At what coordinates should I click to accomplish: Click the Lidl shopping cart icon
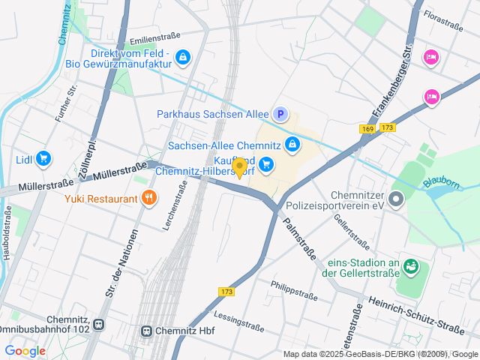pyautogui.click(x=43, y=158)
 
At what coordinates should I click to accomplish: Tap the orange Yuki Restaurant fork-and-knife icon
pyautogui.click(x=149, y=199)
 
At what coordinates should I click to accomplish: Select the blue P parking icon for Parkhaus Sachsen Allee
pyautogui.click(x=280, y=114)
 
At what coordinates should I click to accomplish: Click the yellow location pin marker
pyautogui.click(x=239, y=168)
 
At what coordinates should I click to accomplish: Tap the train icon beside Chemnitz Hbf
pyautogui.click(x=147, y=330)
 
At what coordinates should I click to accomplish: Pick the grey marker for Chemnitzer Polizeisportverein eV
pyautogui.click(x=397, y=199)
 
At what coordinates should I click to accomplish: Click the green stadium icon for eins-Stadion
pyautogui.click(x=410, y=266)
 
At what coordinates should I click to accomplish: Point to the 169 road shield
pyautogui.click(x=367, y=129)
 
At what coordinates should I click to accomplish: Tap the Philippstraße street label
pyautogui.click(x=295, y=289)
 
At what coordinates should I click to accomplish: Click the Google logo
pyautogui.click(x=25, y=351)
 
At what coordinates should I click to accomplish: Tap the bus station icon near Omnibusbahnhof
pyautogui.click(x=99, y=325)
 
